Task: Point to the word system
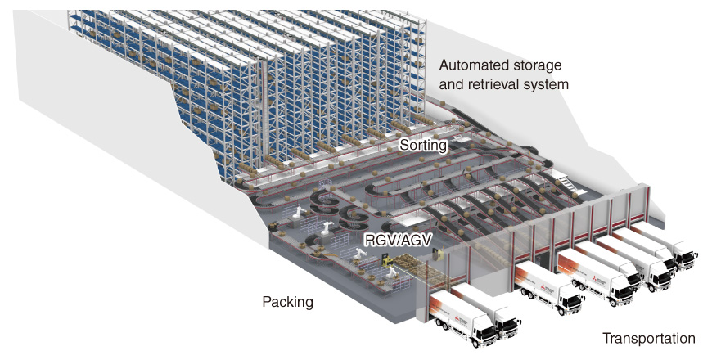pos(548,83)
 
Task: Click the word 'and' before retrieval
pos(451,83)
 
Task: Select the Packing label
pos(287,302)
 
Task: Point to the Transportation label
pos(648,338)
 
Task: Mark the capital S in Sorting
pos(403,146)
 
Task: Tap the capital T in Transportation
pos(606,338)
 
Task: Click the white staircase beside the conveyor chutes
pos(566,180)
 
